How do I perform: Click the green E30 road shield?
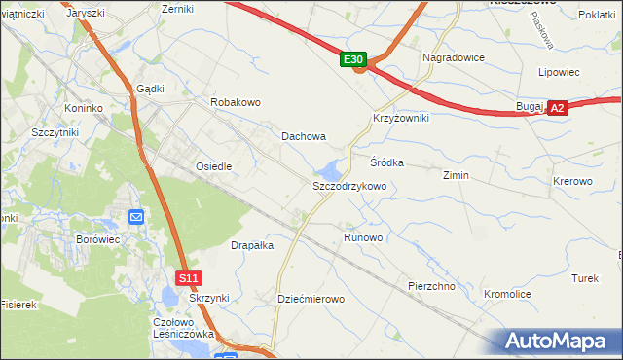[354, 60]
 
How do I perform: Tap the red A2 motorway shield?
[556, 109]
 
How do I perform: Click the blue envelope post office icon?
[135, 216]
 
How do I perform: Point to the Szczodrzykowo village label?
[349, 185]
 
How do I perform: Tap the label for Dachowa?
[304, 137]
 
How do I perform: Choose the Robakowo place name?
[236, 101]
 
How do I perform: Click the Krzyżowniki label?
[401, 117]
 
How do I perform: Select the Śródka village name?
[386, 162]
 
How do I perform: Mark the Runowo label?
[363, 237]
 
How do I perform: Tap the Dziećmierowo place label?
[311, 299]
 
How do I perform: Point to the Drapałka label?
[252, 245]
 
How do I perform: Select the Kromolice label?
[507, 293]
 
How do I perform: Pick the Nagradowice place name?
[454, 57]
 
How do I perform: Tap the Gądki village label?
[151, 88]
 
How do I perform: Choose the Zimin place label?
[456, 176]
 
